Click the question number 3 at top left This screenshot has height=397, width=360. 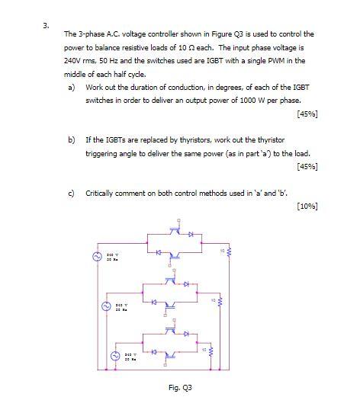(46, 24)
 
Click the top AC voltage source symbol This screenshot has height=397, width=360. (98, 257)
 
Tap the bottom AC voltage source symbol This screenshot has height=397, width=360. (117, 356)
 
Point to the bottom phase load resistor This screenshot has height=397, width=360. (212, 351)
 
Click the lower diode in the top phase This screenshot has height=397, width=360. (157, 252)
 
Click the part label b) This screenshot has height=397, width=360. (72, 140)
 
